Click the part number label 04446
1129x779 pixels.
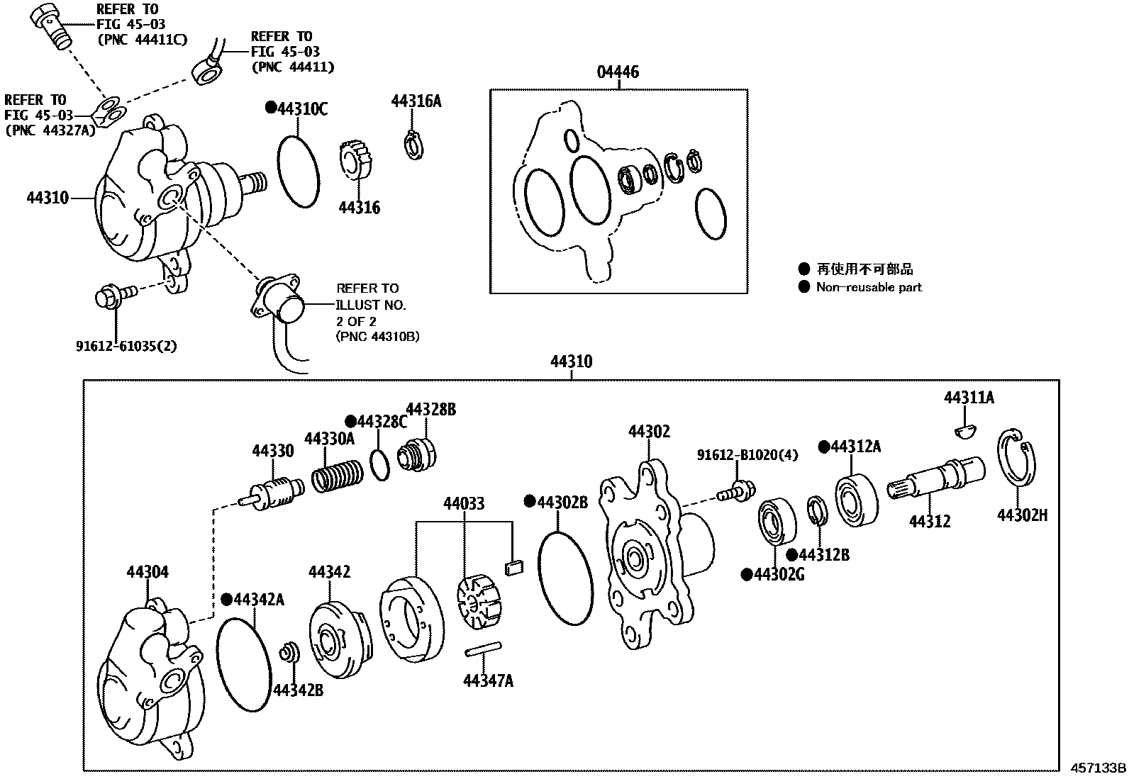pos(617,72)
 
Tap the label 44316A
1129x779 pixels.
pos(416,101)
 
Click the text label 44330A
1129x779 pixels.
pos(329,439)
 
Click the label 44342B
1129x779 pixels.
pos(298,689)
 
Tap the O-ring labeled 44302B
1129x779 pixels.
pos(565,578)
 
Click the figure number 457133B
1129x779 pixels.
pos(1098,768)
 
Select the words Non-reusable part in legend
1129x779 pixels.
pos(869,287)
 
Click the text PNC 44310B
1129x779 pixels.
pos(377,337)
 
